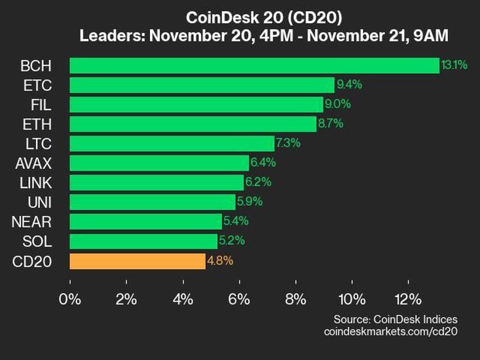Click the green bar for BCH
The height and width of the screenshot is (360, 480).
click(254, 65)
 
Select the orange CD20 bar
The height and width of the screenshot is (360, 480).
click(137, 261)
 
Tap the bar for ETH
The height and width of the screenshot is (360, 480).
click(193, 124)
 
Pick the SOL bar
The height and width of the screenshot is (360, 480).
click(143, 241)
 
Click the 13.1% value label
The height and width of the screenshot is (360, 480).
click(454, 65)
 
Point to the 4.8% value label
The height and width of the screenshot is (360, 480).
click(220, 261)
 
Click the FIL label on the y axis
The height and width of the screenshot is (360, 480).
click(42, 104)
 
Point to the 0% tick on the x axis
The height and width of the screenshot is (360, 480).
click(70, 299)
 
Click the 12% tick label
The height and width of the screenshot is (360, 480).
click(408, 299)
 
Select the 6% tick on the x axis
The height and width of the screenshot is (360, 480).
click(239, 299)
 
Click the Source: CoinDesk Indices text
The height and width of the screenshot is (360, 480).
click(395, 319)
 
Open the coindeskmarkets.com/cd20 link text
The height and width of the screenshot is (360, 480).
click(390, 331)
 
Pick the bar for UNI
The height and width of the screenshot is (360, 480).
click(152, 202)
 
